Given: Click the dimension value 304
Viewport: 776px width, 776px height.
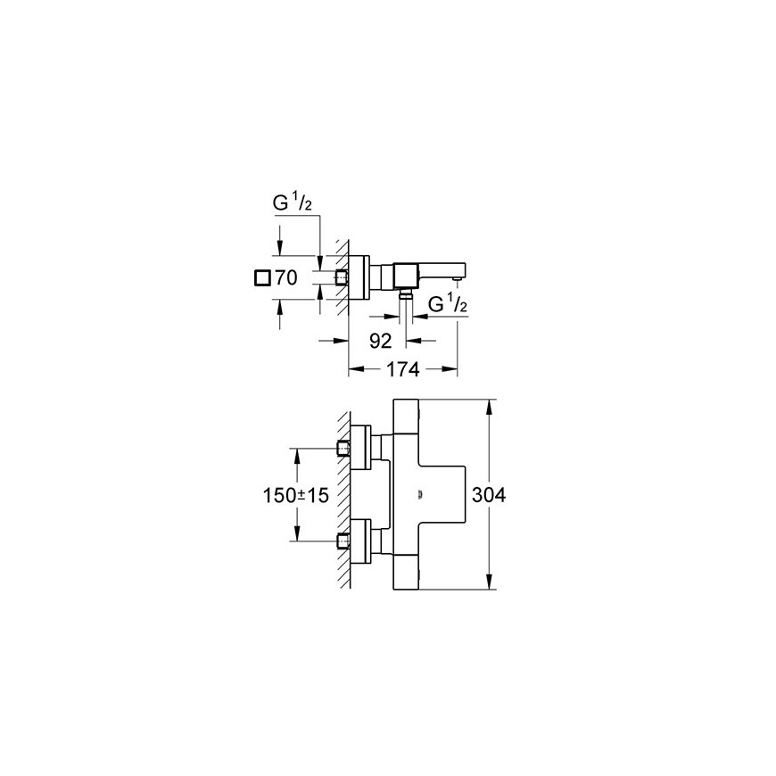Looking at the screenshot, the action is (489, 495).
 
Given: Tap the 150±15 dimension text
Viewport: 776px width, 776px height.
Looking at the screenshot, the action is (295, 495).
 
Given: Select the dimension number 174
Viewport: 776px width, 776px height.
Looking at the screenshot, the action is (402, 369).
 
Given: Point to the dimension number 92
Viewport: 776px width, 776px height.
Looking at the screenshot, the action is (381, 341).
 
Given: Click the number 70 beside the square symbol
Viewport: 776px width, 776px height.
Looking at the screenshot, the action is (286, 277).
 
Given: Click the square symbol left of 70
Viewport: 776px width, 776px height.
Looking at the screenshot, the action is (262, 278).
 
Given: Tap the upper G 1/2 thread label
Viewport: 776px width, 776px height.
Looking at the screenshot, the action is (293, 202).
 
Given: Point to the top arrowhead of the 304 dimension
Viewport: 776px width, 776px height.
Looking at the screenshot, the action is (489, 408).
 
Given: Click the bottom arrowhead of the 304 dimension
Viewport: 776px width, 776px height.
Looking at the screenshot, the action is (489, 581).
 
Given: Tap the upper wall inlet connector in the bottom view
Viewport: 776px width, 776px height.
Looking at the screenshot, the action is (343, 449).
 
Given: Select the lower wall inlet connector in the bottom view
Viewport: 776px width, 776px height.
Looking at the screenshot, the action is (343, 541).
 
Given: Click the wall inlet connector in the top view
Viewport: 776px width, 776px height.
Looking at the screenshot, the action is (341, 278).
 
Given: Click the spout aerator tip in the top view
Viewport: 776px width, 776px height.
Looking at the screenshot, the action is (458, 281).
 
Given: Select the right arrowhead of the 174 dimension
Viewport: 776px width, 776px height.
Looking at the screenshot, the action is (449, 369).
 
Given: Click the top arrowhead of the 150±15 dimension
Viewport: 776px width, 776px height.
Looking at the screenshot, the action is (297, 457).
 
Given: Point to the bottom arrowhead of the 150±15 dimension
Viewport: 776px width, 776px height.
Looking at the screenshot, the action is (297, 532).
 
